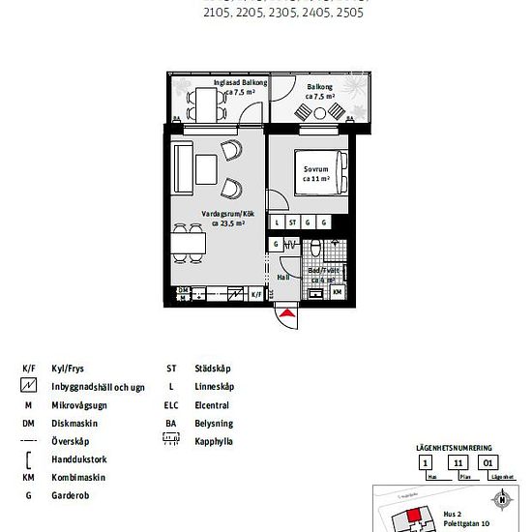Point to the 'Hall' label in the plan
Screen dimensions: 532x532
tap(283, 277)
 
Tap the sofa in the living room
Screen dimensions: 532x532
tap(181, 167)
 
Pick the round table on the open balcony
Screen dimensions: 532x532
tap(320, 112)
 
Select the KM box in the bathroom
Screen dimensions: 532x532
tap(337, 291)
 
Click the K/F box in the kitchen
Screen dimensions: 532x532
tap(256, 293)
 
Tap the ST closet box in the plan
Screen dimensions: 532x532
tap(292, 222)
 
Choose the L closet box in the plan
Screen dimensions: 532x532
tap(277, 222)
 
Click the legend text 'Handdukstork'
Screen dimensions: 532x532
tap(80, 459)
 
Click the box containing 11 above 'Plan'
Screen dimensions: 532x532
tap(458, 462)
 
